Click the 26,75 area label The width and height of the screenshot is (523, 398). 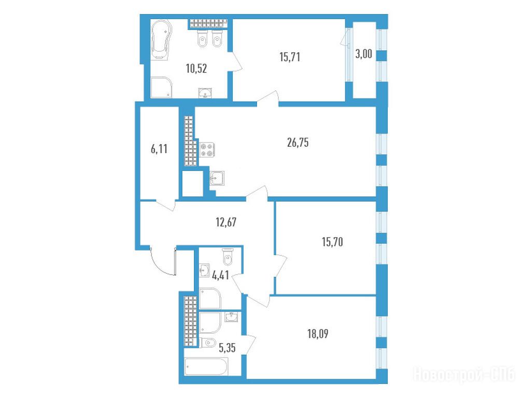(x=298, y=143)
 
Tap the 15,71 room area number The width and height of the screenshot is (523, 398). (x=290, y=57)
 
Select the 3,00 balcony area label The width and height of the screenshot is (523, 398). (x=363, y=54)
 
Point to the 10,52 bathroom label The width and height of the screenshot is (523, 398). (x=196, y=68)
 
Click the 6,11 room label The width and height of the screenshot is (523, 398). (x=159, y=149)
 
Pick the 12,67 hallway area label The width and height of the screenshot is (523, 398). (x=226, y=222)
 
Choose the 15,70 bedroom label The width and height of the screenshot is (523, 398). (x=332, y=242)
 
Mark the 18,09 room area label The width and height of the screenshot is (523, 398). (x=318, y=334)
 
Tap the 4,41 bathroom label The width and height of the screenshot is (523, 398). (x=220, y=275)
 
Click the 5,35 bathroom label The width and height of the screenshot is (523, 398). (x=227, y=348)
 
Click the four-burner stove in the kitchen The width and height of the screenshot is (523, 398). (x=207, y=150)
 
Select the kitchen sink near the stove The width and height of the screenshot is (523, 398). (x=217, y=178)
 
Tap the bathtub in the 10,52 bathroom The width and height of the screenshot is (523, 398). (x=162, y=40)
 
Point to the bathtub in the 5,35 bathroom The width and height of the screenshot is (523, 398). (x=206, y=366)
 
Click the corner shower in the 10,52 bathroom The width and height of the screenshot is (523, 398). (x=161, y=88)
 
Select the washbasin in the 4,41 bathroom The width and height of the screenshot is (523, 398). (x=204, y=271)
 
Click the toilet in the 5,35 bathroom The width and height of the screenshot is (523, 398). (x=207, y=343)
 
